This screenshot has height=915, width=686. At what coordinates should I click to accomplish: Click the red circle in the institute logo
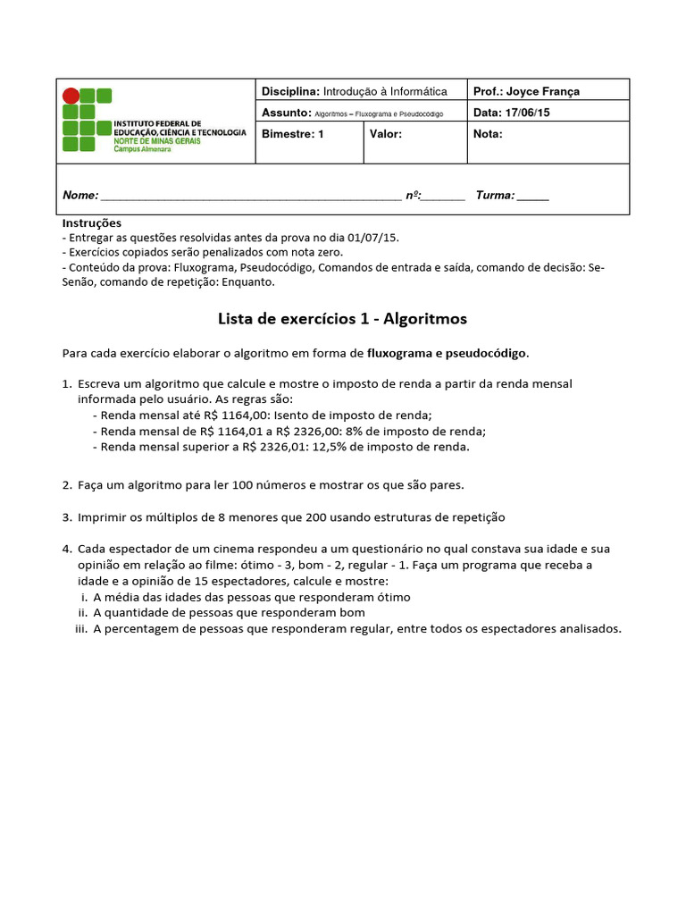point(71,97)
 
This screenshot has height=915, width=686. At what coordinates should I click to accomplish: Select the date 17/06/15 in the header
point(527,113)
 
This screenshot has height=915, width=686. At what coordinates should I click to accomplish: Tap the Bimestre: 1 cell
point(293,134)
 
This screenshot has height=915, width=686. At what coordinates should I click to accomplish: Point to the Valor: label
point(386,134)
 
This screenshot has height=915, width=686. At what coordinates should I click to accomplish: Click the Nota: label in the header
point(488,134)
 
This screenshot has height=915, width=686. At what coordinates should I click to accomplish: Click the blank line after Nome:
point(250,197)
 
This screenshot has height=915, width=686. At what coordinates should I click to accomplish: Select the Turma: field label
point(495,196)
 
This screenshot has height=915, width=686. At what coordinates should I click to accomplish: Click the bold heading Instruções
point(91,222)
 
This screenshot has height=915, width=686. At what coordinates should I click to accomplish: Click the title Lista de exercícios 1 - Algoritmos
point(343,319)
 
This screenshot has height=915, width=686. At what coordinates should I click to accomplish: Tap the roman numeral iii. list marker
point(80,628)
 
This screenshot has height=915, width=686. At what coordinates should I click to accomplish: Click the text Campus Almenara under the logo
point(142,149)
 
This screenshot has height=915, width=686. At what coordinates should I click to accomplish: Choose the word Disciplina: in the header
point(290,91)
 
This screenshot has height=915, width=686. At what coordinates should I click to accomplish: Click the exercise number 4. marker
point(67,549)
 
